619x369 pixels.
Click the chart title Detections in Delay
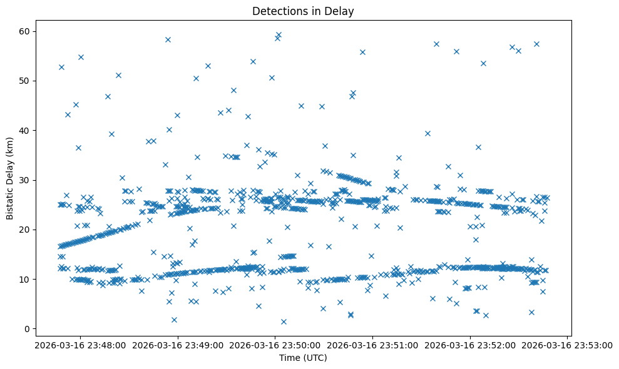click(303, 11)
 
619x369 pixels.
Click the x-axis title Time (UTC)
click(303, 358)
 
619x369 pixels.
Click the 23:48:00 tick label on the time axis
click(79, 345)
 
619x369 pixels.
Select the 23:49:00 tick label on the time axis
click(177, 345)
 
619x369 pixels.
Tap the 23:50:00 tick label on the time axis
click(275, 345)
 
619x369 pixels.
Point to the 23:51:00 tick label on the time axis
click(372, 345)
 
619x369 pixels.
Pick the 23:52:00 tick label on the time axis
click(470, 345)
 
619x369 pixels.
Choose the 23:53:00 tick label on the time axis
click(568, 345)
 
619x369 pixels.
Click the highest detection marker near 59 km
click(279, 35)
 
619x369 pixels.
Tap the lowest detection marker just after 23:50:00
click(284, 321)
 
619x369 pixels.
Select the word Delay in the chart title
click(341, 11)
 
